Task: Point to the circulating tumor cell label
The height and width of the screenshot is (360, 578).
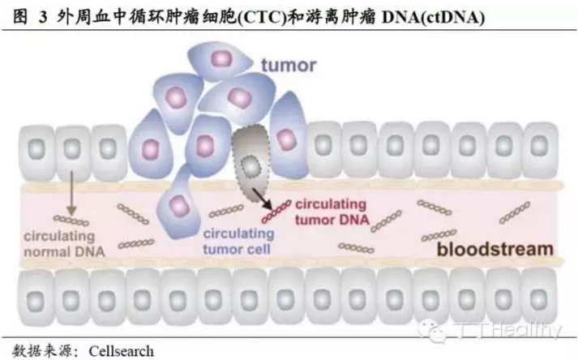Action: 237,241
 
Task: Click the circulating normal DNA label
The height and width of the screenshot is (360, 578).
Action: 63,243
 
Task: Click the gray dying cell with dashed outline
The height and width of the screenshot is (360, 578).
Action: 251,158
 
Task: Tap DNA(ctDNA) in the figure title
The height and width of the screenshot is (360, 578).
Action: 435,16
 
